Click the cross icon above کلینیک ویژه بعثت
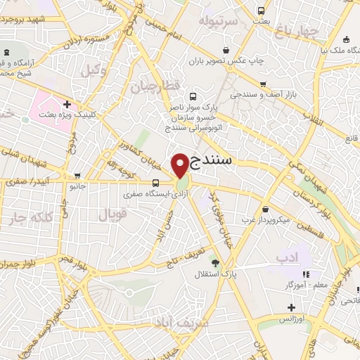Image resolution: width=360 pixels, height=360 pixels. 67,104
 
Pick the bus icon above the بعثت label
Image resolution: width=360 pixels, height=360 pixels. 261,11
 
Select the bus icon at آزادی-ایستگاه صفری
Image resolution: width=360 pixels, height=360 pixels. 155,184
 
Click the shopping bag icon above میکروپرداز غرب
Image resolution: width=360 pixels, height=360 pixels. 265,209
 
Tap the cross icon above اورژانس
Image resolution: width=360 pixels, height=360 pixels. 291,307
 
